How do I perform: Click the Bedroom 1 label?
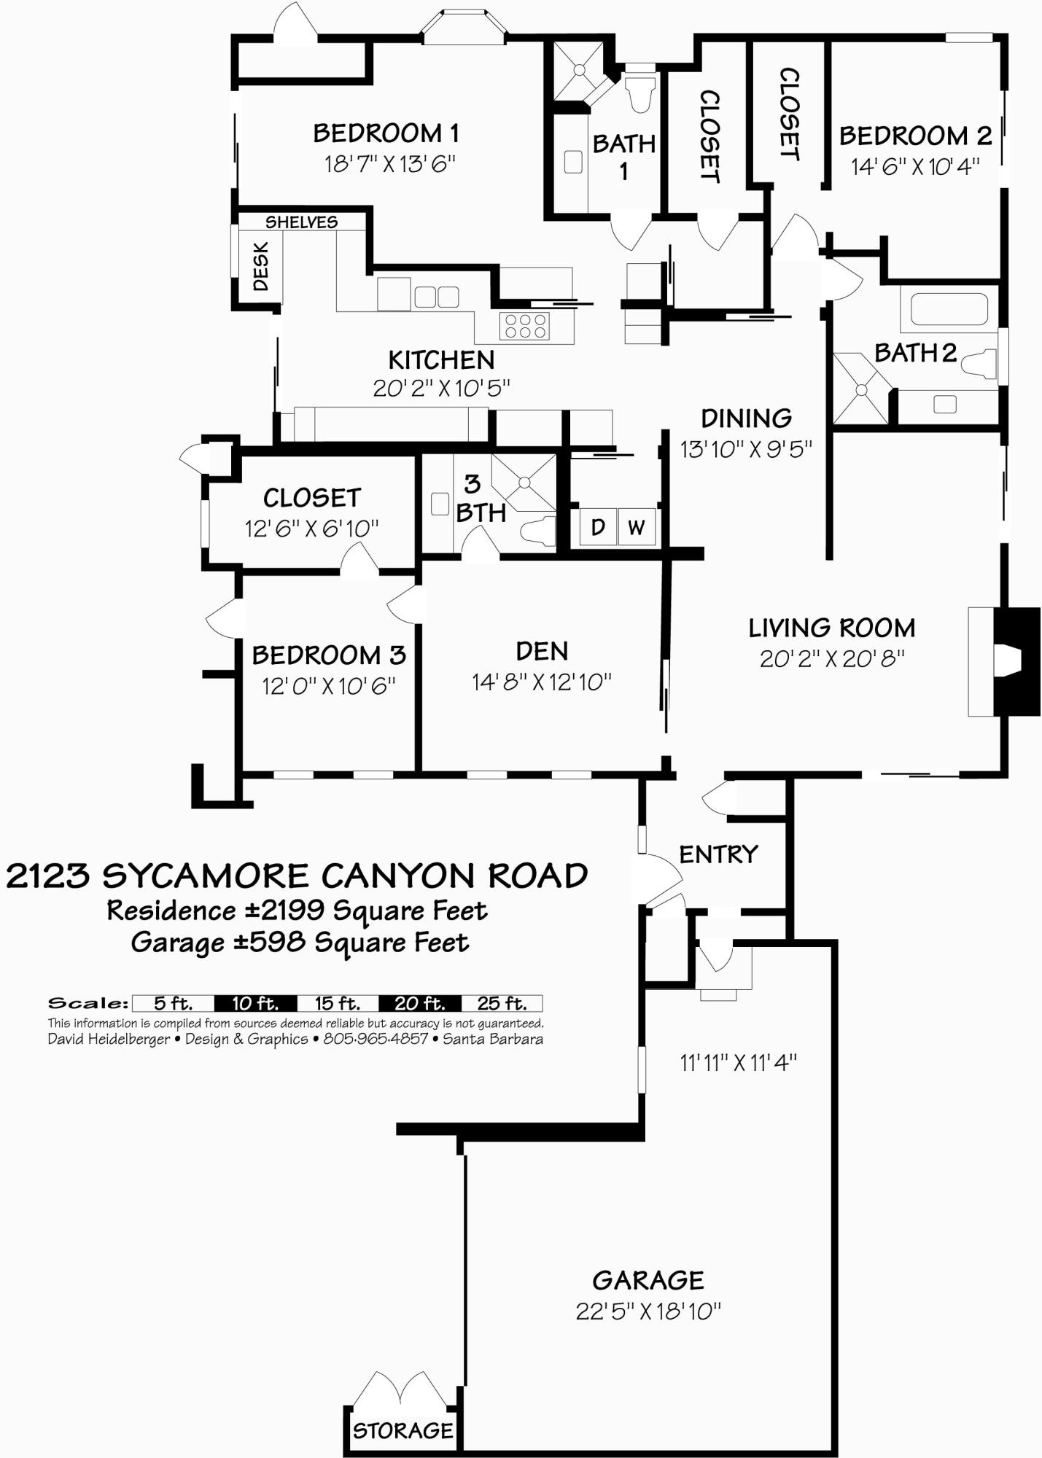click(386, 133)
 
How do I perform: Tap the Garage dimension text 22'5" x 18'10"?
click(648, 1311)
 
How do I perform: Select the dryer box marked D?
click(598, 526)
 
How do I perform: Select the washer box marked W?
click(636, 526)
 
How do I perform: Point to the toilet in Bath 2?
click(980, 363)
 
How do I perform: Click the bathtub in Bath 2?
click(944, 308)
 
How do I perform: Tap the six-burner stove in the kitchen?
click(524, 325)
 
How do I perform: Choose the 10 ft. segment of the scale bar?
click(255, 1003)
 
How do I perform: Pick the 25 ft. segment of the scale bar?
click(502, 1003)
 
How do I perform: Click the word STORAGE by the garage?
click(403, 1430)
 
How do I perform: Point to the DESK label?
click(260, 267)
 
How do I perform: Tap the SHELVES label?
click(301, 222)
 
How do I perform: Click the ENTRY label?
click(718, 854)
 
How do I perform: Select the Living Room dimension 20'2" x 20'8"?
click(832, 658)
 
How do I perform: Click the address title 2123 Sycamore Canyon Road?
click(297, 876)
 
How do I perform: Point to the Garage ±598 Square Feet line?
click(300, 943)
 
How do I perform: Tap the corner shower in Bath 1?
click(579, 70)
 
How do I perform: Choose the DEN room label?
click(541, 651)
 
